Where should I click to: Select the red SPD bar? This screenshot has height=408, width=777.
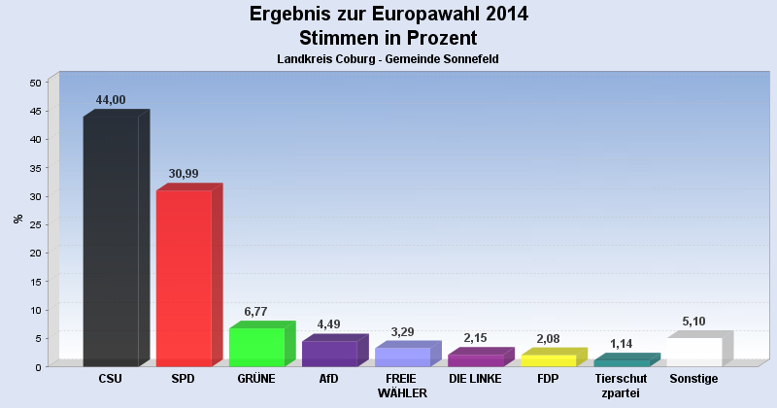[184, 278]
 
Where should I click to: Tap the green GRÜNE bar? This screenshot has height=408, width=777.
[256, 347]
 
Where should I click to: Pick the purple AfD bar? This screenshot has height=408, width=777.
[329, 354]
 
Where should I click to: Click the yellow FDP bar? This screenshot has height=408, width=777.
[549, 360]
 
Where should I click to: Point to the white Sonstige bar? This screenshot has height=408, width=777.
[694, 352]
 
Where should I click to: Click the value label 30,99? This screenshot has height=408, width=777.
[185, 174]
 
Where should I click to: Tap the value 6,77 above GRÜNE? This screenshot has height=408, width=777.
[255, 312]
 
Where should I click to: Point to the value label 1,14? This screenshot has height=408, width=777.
[621, 343]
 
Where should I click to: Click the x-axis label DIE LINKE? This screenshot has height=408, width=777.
[475, 379]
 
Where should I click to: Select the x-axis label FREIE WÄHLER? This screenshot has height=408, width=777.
[401, 386]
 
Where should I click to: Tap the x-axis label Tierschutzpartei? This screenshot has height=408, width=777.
[621, 386]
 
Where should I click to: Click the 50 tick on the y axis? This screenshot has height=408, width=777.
[34, 83]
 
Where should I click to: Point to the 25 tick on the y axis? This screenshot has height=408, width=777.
[34, 224]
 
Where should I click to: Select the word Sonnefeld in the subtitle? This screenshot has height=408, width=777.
[467, 60]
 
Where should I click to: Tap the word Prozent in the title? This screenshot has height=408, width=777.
[441, 39]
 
